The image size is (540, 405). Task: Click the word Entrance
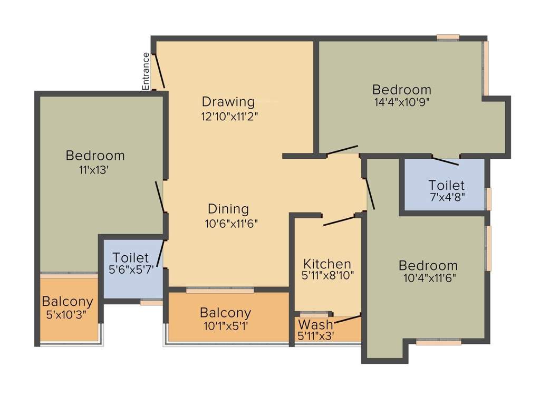(146, 71)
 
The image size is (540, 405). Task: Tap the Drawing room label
(228, 101)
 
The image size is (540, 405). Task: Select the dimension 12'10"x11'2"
(229, 116)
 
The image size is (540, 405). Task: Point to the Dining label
(228, 209)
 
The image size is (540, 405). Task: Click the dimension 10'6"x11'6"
(232, 223)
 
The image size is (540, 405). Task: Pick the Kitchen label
(327, 264)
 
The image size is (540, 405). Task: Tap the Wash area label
(316, 324)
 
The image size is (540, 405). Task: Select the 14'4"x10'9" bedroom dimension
(402, 103)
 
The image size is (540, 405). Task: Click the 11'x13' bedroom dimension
(94, 170)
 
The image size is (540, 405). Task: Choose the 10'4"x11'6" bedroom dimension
(428, 278)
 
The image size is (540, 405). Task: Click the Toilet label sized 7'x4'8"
(446, 186)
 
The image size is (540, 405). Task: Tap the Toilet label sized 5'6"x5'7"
(131, 258)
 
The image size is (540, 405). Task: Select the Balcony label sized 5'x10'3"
(67, 302)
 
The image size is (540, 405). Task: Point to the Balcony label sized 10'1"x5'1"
(226, 313)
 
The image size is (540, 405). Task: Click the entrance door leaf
(159, 71)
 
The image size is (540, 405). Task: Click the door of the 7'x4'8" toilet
(445, 161)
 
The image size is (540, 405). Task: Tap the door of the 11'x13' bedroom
(160, 196)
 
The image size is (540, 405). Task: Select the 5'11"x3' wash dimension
(316, 335)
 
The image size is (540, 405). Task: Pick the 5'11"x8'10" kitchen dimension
(327, 275)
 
